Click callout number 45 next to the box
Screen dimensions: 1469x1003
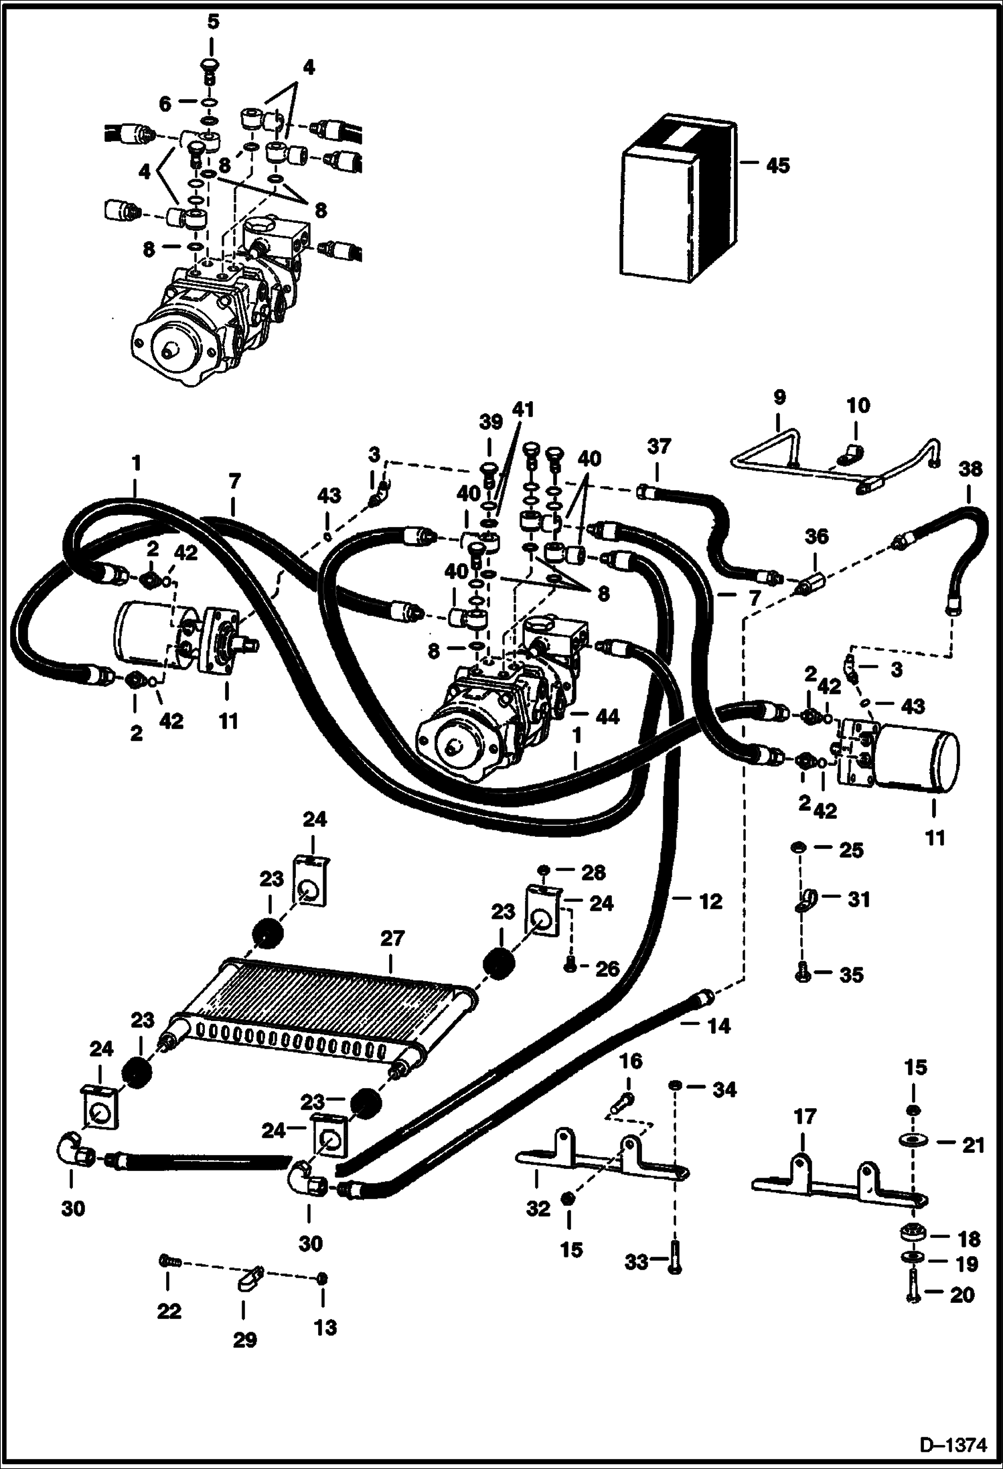click(x=777, y=165)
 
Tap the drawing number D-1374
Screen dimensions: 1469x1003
click(x=957, y=1444)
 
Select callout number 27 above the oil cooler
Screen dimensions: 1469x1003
click(x=392, y=939)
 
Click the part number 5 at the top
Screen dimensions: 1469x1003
click(x=213, y=22)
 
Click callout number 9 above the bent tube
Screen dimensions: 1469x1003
click(x=779, y=398)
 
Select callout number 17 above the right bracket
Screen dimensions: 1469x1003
click(x=805, y=1117)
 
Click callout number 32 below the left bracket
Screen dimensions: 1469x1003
click(x=538, y=1209)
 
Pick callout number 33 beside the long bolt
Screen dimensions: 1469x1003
click(x=637, y=1262)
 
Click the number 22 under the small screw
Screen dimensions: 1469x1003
click(x=169, y=1310)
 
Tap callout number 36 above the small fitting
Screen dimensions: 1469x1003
click(x=816, y=536)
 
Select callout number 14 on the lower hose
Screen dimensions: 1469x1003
click(x=718, y=1026)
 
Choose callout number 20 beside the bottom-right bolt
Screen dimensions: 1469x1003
click(x=961, y=1295)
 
